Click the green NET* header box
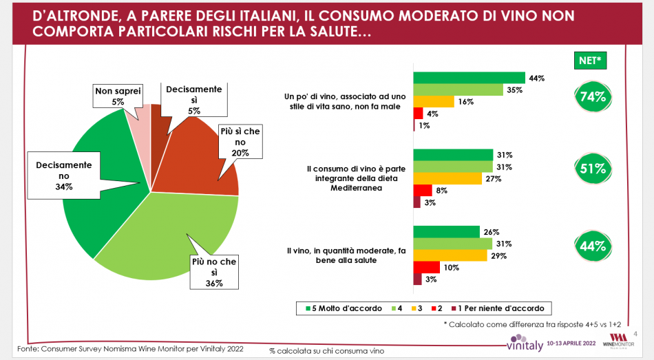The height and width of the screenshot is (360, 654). (589, 61)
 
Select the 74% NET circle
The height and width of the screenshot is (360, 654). (591, 97)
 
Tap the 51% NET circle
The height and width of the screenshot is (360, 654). (591, 167)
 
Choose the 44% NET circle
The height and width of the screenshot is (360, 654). (591, 245)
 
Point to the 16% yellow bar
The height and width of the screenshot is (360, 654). (433, 102)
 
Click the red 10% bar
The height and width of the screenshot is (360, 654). (425, 267)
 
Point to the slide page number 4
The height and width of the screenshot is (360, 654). (635, 332)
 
